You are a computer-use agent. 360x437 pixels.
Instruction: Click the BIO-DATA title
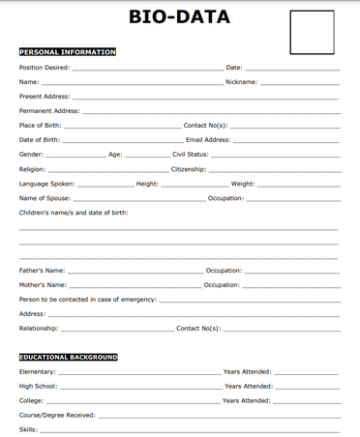(180, 16)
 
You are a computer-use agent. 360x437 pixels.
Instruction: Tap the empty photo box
(313, 32)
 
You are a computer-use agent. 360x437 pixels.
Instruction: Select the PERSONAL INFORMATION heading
(68, 52)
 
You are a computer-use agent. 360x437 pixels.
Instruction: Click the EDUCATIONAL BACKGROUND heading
(69, 357)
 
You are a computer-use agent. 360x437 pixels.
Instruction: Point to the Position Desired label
(45, 68)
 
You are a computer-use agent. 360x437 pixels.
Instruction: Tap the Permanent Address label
(49, 111)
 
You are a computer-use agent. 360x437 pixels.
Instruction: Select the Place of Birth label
(41, 126)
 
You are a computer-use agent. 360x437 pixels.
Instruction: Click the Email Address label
(208, 140)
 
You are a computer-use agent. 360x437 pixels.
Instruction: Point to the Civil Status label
(191, 155)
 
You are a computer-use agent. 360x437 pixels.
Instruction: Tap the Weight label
(242, 184)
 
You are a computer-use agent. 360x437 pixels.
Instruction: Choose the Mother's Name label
(44, 285)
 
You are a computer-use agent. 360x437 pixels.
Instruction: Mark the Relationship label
(39, 329)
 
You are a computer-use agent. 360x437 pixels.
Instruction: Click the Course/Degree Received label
(57, 415)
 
